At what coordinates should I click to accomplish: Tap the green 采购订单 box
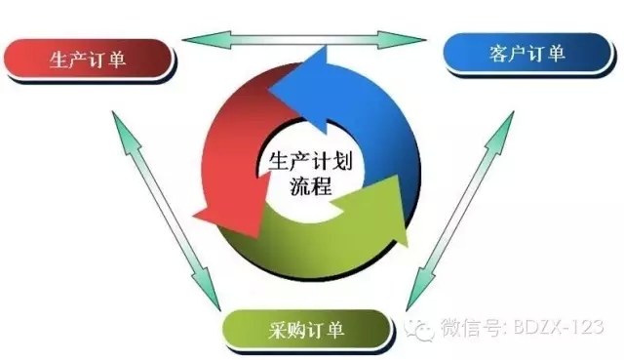303,329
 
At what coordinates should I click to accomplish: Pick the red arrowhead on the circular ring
217,210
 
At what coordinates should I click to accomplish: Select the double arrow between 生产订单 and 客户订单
304,39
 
